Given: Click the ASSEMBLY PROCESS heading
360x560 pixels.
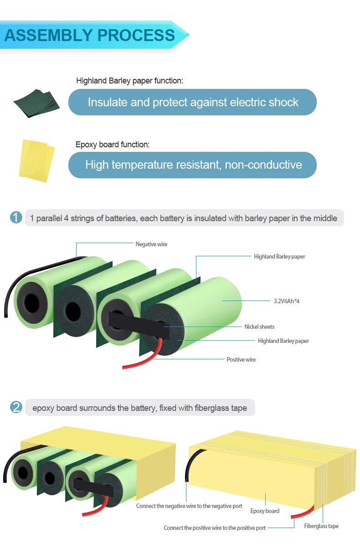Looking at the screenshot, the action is coord(90,35).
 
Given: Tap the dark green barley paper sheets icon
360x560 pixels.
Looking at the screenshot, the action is coord(36,102).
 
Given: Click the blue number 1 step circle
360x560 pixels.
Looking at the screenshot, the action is coord(16,218).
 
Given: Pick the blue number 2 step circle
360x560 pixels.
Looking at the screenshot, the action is coord(16,407).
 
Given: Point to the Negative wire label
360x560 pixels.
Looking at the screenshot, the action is coord(151,244).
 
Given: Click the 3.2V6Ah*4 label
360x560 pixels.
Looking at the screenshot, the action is coord(287,301).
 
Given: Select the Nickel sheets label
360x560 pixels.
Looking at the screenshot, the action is coord(259,327).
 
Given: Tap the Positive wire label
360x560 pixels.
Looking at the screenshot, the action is coord(241,359).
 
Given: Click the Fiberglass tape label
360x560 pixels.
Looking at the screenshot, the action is coord(321,526).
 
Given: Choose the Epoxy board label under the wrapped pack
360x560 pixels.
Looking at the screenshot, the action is coord(265,511).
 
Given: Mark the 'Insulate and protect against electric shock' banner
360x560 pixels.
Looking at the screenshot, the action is coord(192,102).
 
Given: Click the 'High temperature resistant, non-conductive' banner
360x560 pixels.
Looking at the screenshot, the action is coord(192,165).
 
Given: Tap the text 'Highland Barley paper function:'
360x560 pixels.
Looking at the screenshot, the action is coord(129,81).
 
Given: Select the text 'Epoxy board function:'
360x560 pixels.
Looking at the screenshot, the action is coord(113,145).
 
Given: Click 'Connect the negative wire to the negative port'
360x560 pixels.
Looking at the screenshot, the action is coord(189,506).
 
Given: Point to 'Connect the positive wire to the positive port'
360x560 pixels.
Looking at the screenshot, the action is coord(215,528).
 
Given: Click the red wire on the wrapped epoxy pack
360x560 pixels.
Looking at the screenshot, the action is coord(302,512).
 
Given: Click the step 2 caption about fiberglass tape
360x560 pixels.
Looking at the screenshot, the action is coord(139,408).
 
